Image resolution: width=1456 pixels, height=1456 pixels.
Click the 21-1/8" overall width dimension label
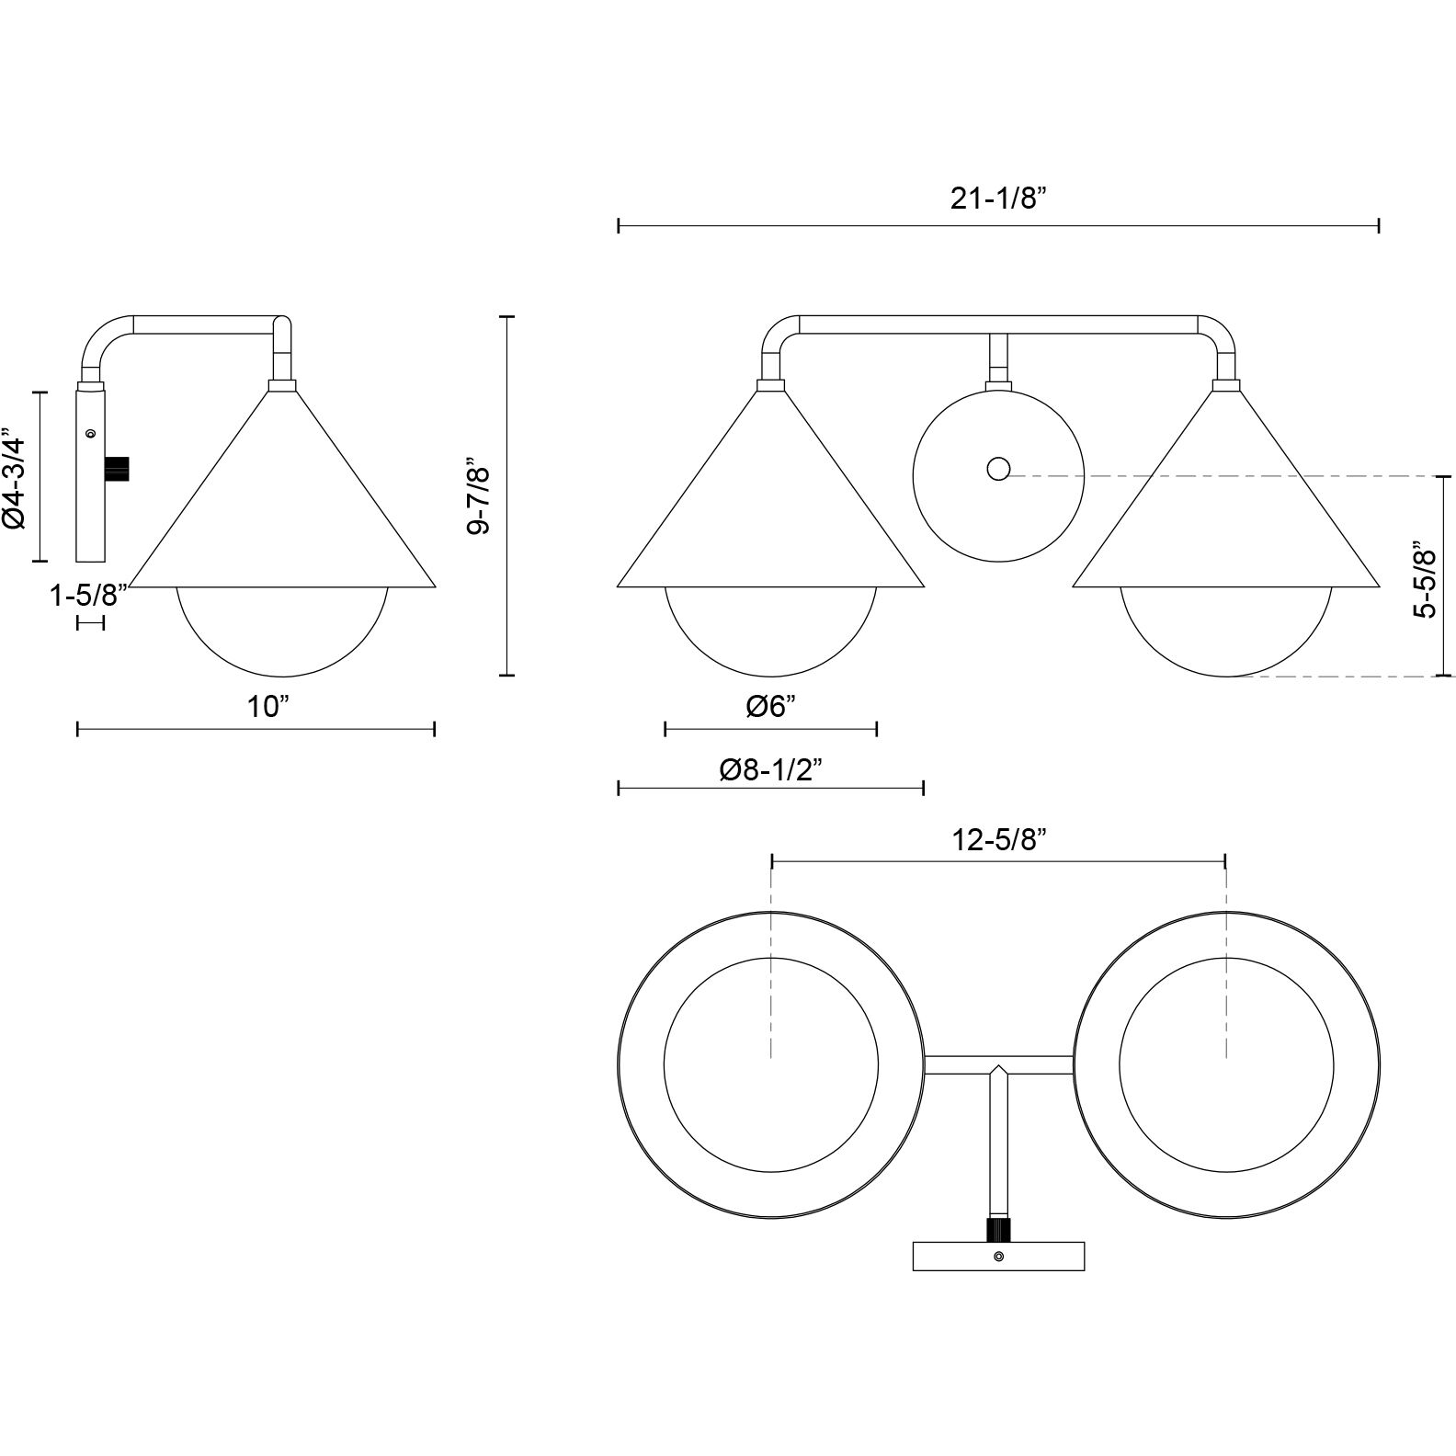[999, 199]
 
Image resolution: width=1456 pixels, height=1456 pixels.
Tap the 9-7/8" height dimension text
[481, 495]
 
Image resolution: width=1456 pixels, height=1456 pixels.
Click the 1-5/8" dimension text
[89, 596]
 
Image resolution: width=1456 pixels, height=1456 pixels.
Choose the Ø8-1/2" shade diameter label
[771, 769]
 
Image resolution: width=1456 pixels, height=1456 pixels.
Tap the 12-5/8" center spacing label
[999, 841]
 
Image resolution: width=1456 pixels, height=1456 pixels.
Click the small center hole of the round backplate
[998, 470]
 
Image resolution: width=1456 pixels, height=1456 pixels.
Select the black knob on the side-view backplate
[119, 469]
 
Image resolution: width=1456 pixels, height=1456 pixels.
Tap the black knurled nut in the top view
[998, 1229]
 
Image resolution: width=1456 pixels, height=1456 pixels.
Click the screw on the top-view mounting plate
[998, 1257]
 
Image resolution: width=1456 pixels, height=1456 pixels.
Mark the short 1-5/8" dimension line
[90, 624]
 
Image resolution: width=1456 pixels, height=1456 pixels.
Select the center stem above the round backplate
[998, 358]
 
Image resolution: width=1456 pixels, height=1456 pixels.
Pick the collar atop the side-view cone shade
[281, 386]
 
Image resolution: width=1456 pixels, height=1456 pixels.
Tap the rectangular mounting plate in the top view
[998, 1257]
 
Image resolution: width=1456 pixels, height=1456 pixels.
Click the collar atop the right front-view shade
[1226, 386]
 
